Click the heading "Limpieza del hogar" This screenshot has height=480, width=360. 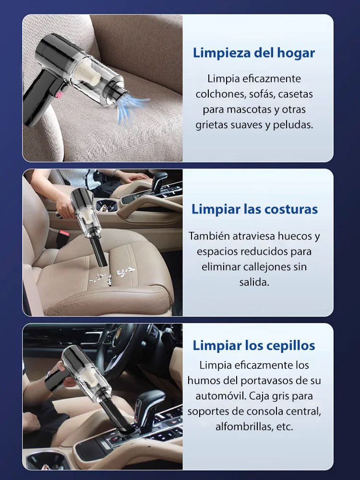(254, 53)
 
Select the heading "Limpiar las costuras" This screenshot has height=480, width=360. (254, 209)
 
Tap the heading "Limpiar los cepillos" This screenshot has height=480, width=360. (254, 346)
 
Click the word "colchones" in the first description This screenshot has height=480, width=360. (219, 94)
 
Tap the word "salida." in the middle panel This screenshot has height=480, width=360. (254, 282)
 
